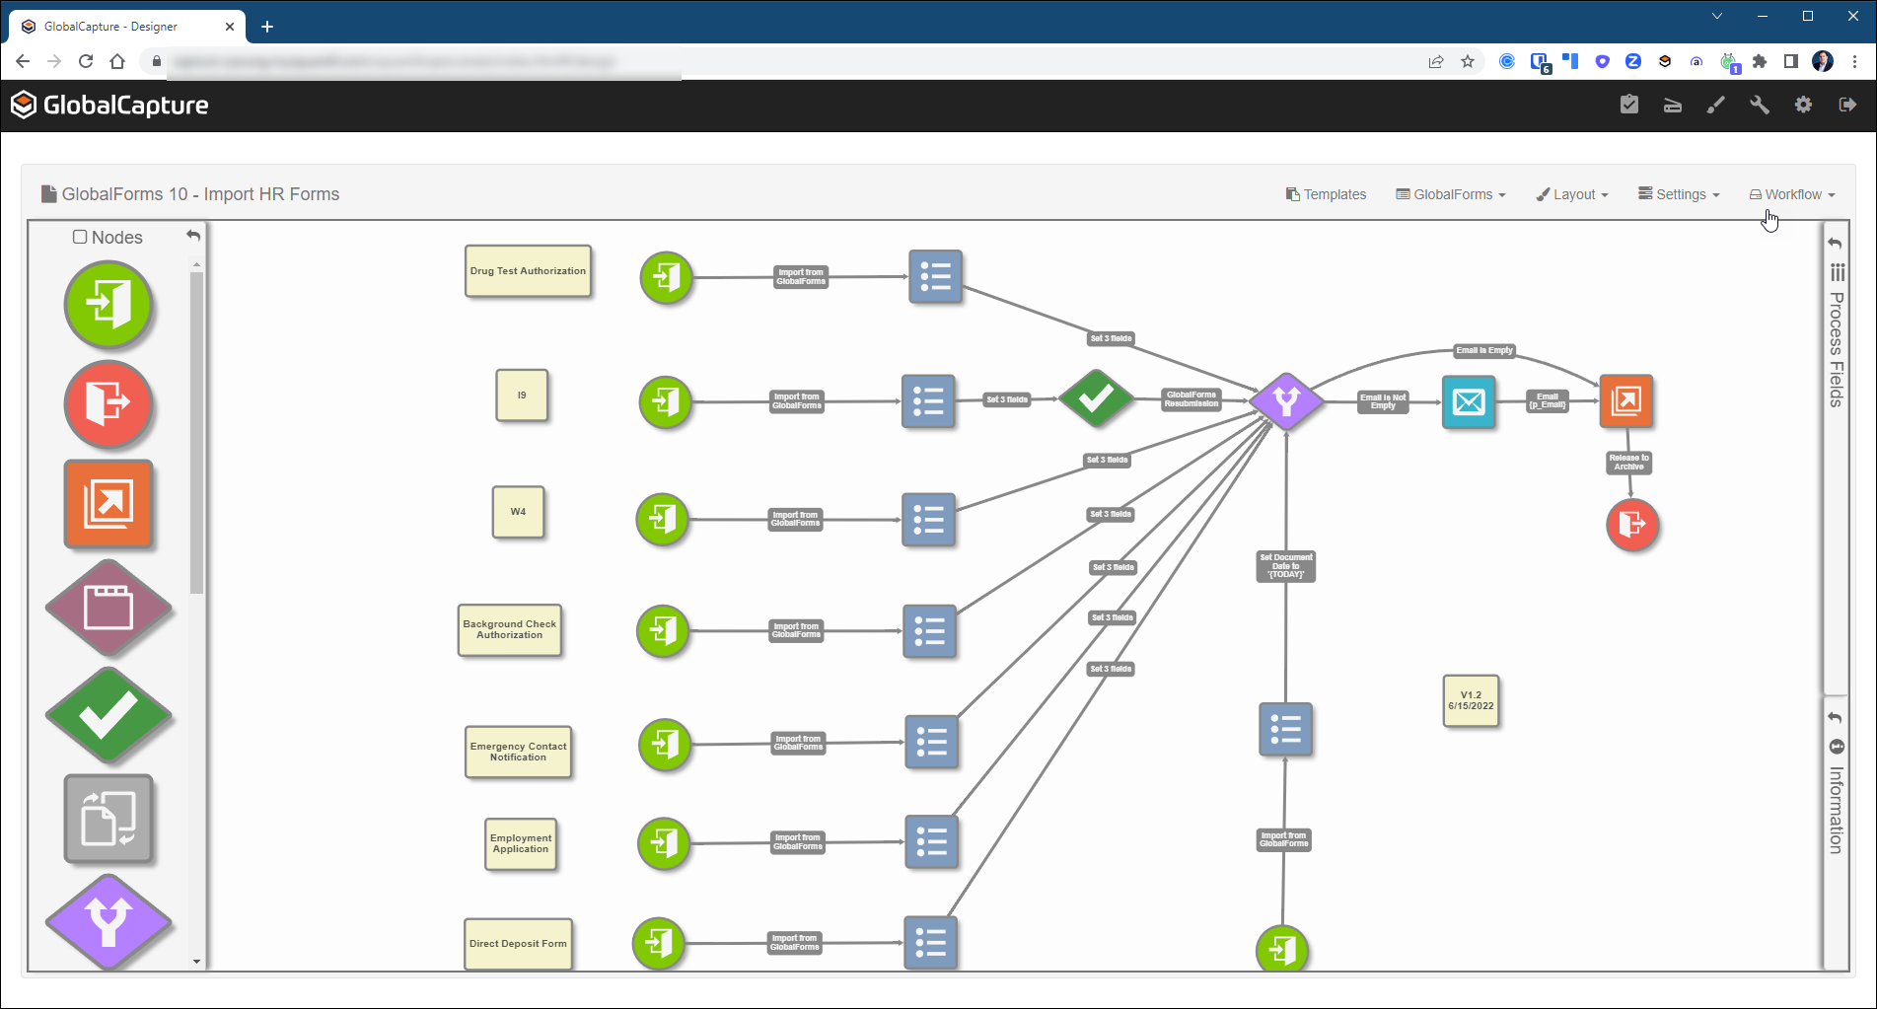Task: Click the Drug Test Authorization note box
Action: point(528,271)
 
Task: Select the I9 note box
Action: point(522,396)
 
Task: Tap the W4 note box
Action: point(518,512)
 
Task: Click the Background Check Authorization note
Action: point(510,630)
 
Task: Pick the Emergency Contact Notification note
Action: point(518,752)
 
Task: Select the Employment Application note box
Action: point(521,844)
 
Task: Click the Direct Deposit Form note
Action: point(518,944)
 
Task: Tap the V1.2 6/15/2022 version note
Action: point(1471,700)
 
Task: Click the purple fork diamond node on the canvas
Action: point(1286,400)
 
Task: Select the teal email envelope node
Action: point(1469,401)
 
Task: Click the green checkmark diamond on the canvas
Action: point(1096,398)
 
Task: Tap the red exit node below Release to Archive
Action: point(1632,524)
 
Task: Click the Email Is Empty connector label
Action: point(1483,350)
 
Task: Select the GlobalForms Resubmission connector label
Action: point(1191,399)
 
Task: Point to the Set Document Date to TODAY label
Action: point(1285,566)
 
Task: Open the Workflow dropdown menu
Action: point(1792,194)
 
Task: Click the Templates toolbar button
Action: point(1326,194)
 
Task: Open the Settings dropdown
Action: point(1679,194)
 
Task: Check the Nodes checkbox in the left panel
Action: point(80,237)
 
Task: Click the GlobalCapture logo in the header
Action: point(109,106)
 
